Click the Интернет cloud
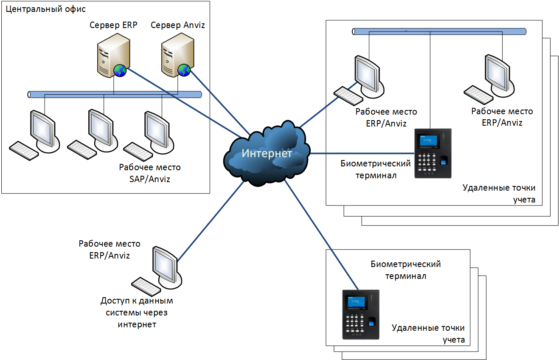click(267, 153)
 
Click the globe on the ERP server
click(120, 70)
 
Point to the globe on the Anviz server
click(184, 70)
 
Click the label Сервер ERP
click(113, 25)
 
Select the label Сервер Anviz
click(178, 25)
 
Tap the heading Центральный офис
click(46, 9)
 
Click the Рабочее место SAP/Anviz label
click(150, 173)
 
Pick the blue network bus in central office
click(115, 95)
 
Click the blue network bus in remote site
click(439, 31)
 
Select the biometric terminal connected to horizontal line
click(433, 153)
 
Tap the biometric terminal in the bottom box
click(361, 315)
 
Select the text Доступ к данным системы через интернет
click(137, 312)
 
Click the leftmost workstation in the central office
click(34, 135)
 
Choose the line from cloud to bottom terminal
click(321, 235)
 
